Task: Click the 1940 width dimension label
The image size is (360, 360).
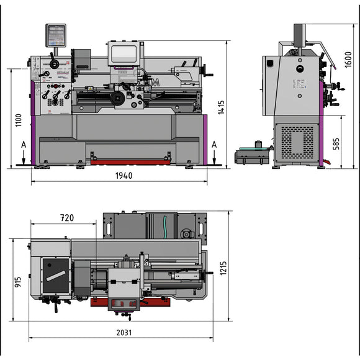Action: pyautogui.click(x=124, y=176)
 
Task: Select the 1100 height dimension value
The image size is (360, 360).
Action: pyautogui.click(x=18, y=121)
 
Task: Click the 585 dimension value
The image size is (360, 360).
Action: pyautogui.click(x=336, y=145)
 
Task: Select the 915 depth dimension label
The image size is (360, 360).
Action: pyautogui.click(x=18, y=286)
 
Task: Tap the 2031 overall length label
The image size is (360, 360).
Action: pyautogui.click(x=124, y=332)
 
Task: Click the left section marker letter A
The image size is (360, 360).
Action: pyautogui.click(x=23, y=145)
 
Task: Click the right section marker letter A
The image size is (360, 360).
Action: pyautogui.click(x=215, y=145)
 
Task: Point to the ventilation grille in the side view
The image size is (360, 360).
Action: pyautogui.click(x=297, y=142)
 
